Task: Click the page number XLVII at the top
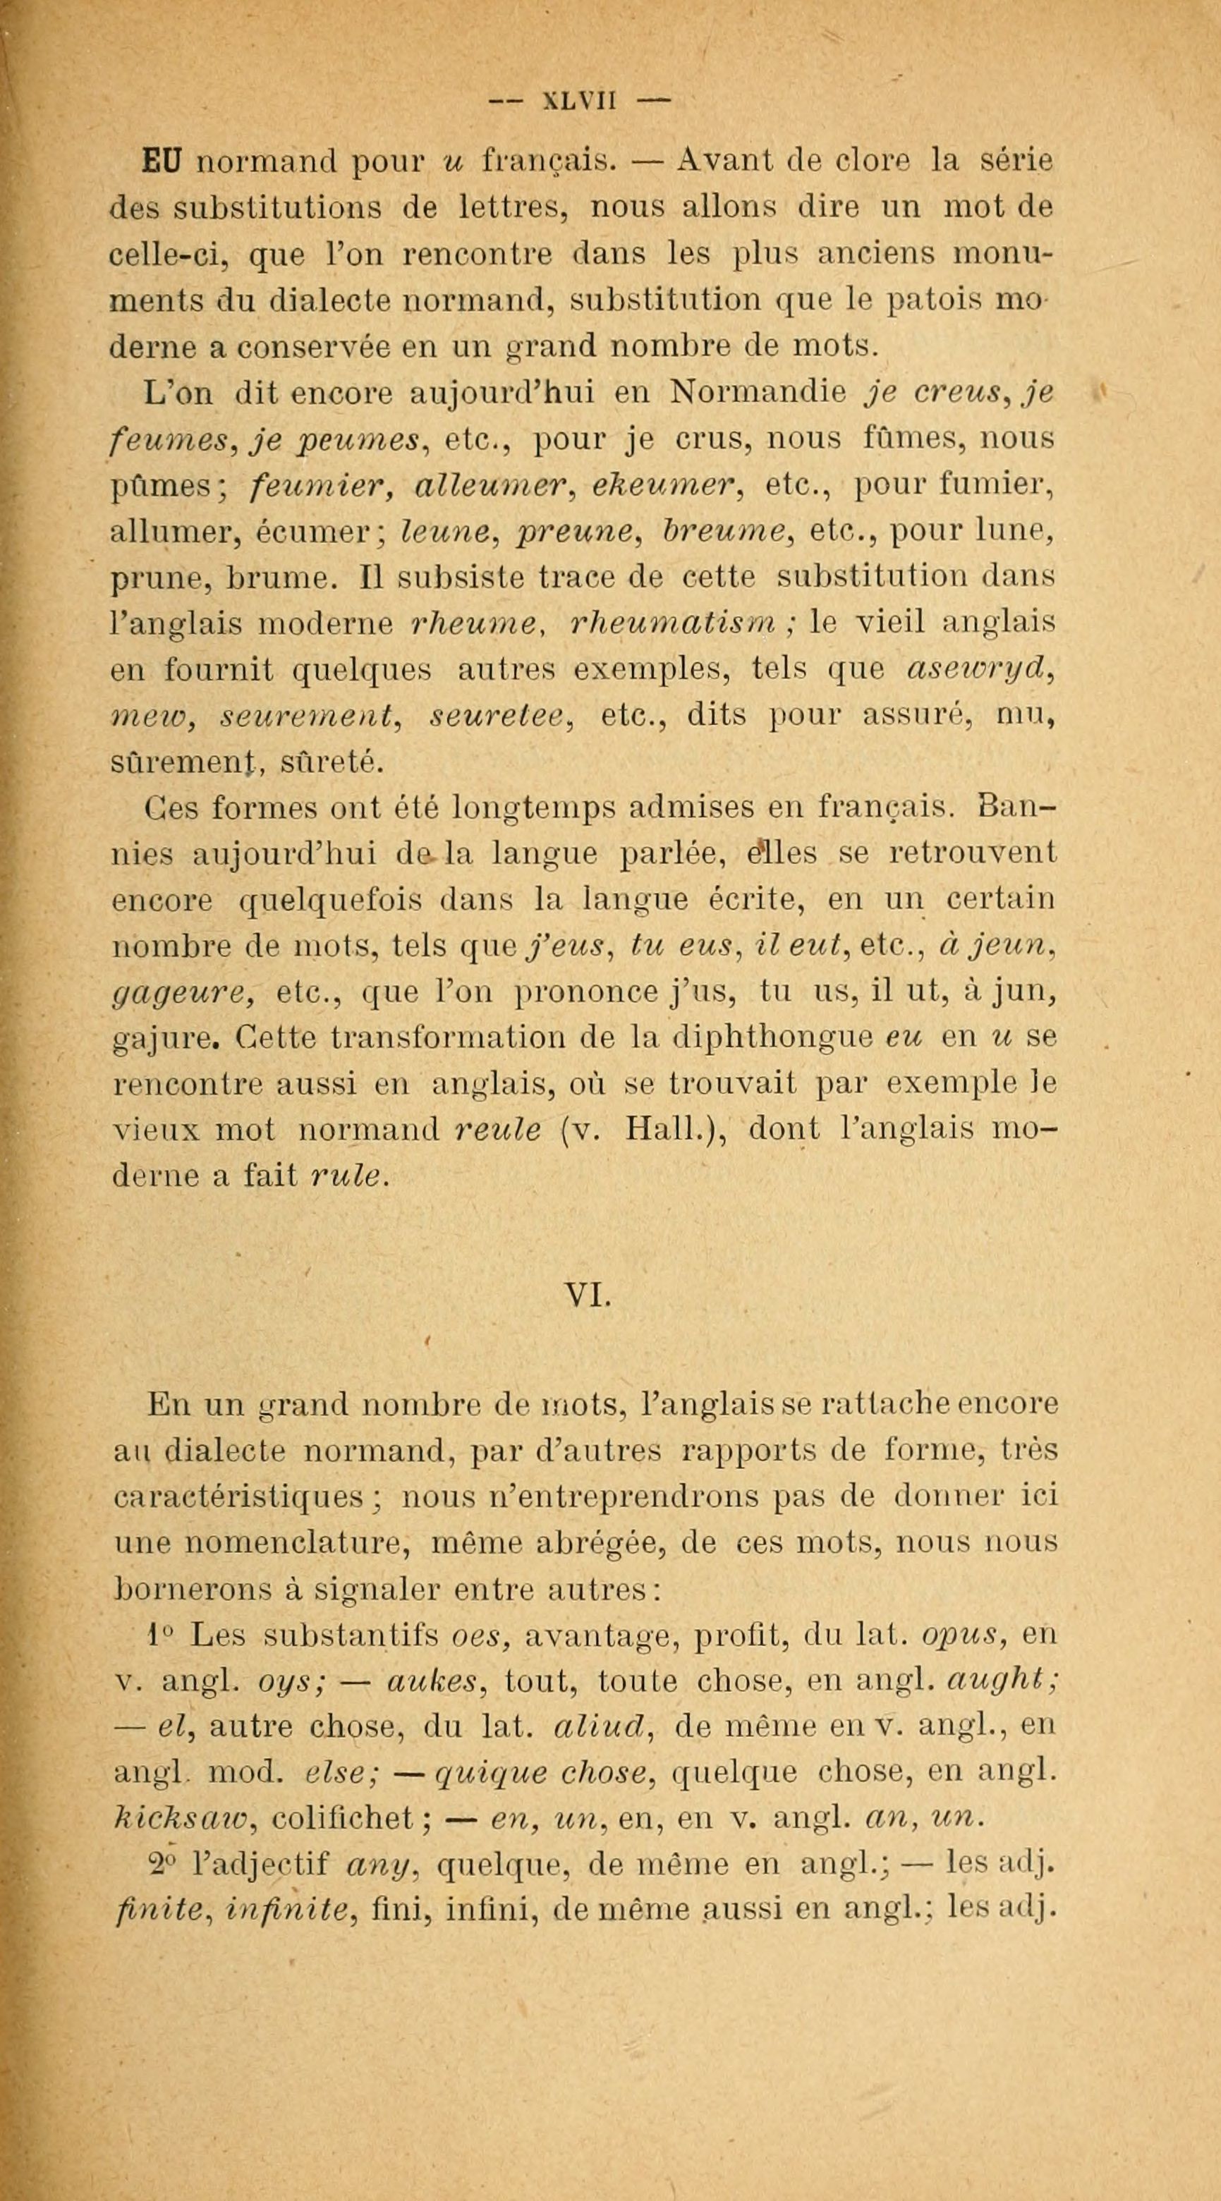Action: (578, 101)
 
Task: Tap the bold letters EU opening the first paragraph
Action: (163, 161)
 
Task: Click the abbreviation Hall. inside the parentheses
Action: (662, 1130)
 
